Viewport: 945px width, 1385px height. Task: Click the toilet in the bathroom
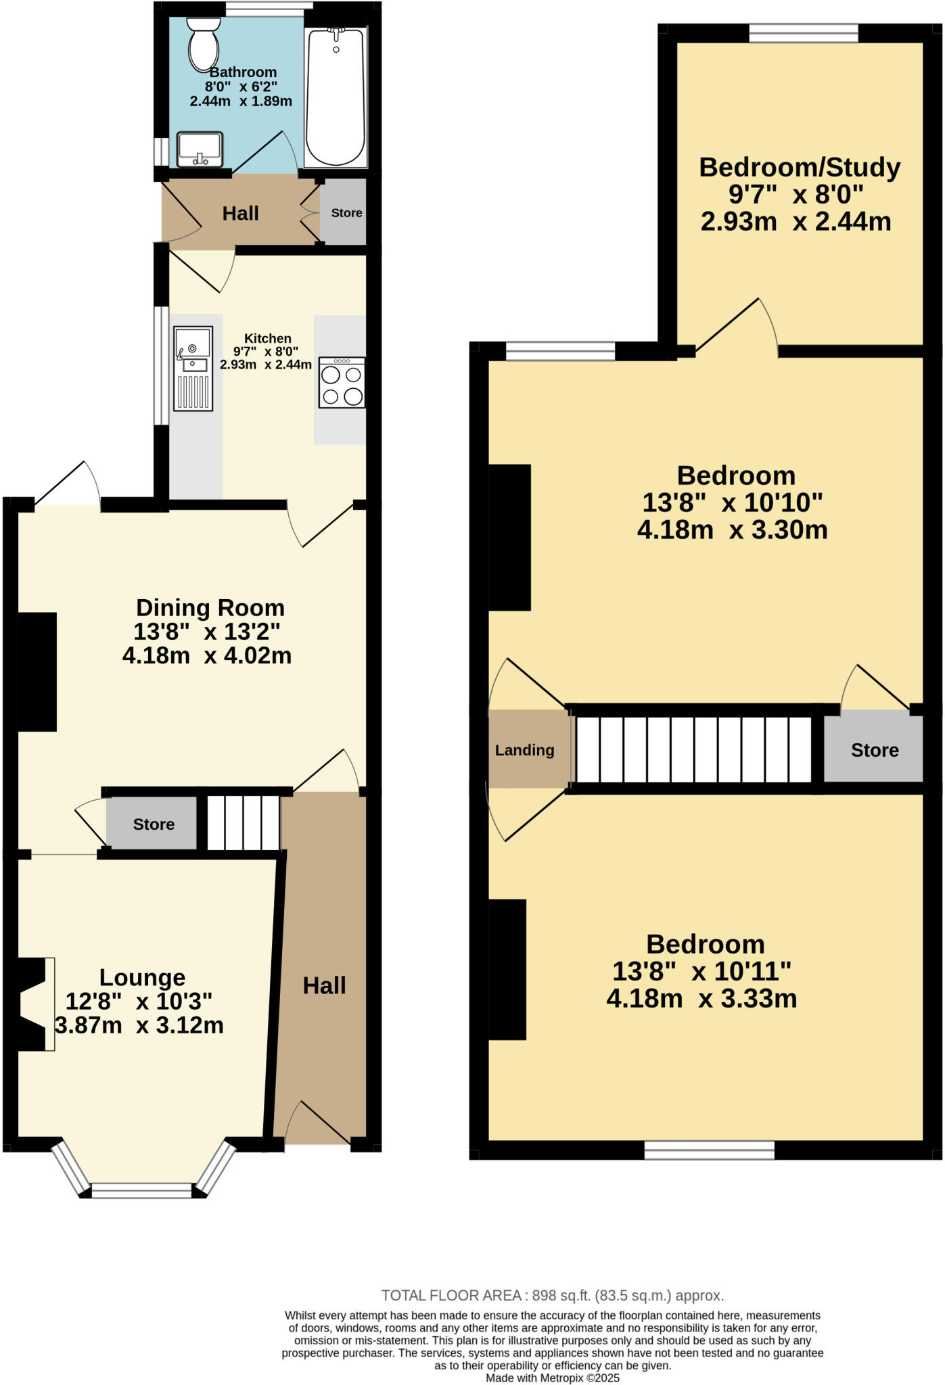(x=203, y=43)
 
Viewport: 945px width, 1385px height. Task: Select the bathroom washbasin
(x=200, y=149)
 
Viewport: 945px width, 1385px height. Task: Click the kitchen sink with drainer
(x=193, y=369)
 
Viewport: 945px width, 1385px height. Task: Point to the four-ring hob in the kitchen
(x=342, y=383)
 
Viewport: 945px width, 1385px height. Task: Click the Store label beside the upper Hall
(x=346, y=213)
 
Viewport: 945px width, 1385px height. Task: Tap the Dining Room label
(x=210, y=607)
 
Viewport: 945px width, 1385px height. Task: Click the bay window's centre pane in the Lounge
(x=142, y=1191)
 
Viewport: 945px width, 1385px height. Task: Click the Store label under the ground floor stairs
(x=154, y=824)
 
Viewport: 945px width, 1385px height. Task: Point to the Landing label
(x=524, y=750)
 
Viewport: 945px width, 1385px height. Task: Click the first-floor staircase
(x=693, y=749)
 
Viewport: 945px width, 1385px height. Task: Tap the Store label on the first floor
(x=874, y=750)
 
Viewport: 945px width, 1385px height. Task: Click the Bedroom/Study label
(x=799, y=167)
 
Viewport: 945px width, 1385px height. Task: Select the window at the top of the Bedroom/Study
(x=804, y=32)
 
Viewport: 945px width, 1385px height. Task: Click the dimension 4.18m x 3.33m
(x=701, y=998)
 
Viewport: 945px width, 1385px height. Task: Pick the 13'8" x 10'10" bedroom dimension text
(x=732, y=502)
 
